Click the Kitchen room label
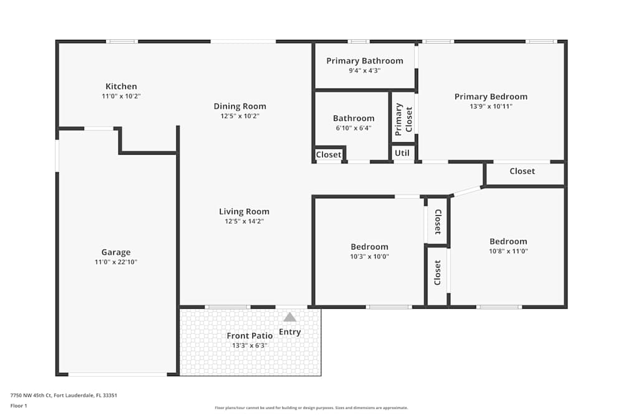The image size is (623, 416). [x=121, y=86]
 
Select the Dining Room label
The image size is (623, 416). [x=240, y=106]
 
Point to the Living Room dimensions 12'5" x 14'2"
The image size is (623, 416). [x=244, y=221]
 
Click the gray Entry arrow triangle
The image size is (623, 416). [x=290, y=317]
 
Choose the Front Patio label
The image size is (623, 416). [x=249, y=336]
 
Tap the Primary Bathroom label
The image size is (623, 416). [x=364, y=60]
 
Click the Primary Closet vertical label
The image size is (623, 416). [x=404, y=119]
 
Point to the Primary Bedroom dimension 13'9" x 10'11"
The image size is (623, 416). [x=491, y=107]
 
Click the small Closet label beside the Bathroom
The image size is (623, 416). [x=328, y=155]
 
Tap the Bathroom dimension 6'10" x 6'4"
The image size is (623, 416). [x=353, y=128]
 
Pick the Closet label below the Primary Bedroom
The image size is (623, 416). [x=522, y=171]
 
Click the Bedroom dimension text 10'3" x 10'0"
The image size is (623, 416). [x=369, y=256]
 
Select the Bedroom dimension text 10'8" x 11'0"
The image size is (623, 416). [x=508, y=251]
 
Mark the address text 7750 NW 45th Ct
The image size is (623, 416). [x=32, y=395]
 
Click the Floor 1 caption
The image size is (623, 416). [x=19, y=405]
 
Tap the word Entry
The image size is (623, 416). [x=290, y=332]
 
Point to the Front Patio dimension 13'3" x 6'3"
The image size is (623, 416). [x=249, y=346]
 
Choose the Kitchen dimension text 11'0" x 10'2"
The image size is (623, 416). [x=121, y=96]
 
